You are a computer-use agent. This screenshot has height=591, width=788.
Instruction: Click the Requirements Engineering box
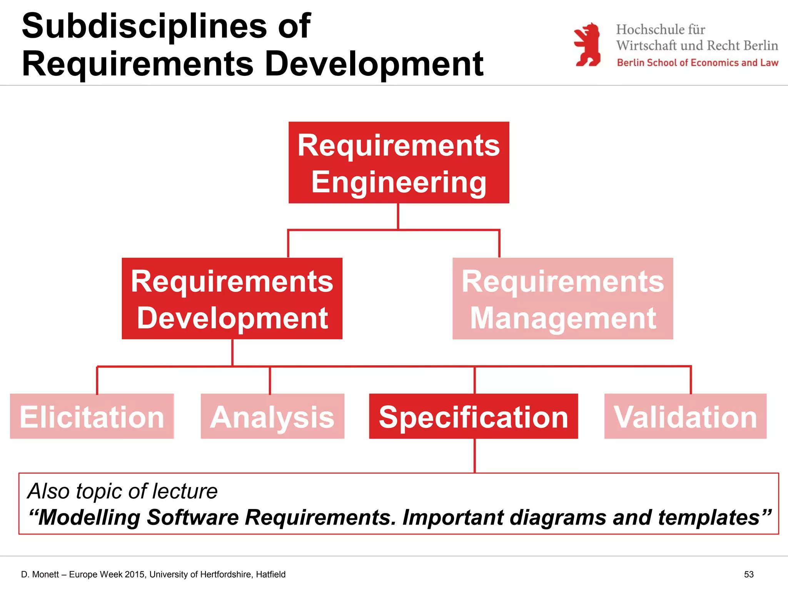tap(399, 162)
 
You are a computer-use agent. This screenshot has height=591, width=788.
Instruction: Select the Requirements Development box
tap(232, 299)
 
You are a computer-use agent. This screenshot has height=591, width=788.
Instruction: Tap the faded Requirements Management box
tap(563, 299)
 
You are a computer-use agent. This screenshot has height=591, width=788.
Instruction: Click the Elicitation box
tap(92, 416)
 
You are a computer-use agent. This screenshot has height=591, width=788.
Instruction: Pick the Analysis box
tap(272, 416)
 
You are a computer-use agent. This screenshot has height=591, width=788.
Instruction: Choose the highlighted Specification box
tap(473, 416)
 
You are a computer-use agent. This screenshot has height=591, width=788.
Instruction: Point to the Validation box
tap(685, 416)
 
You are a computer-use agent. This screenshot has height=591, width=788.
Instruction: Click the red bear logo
tap(588, 45)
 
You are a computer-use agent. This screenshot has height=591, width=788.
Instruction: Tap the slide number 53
tap(748, 574)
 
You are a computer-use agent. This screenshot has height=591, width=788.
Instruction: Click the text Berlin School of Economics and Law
tap(697, 63)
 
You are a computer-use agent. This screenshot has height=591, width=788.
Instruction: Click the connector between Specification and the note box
tap(475, 456)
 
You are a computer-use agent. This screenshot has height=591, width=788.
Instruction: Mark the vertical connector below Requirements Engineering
tap(398, 216)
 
